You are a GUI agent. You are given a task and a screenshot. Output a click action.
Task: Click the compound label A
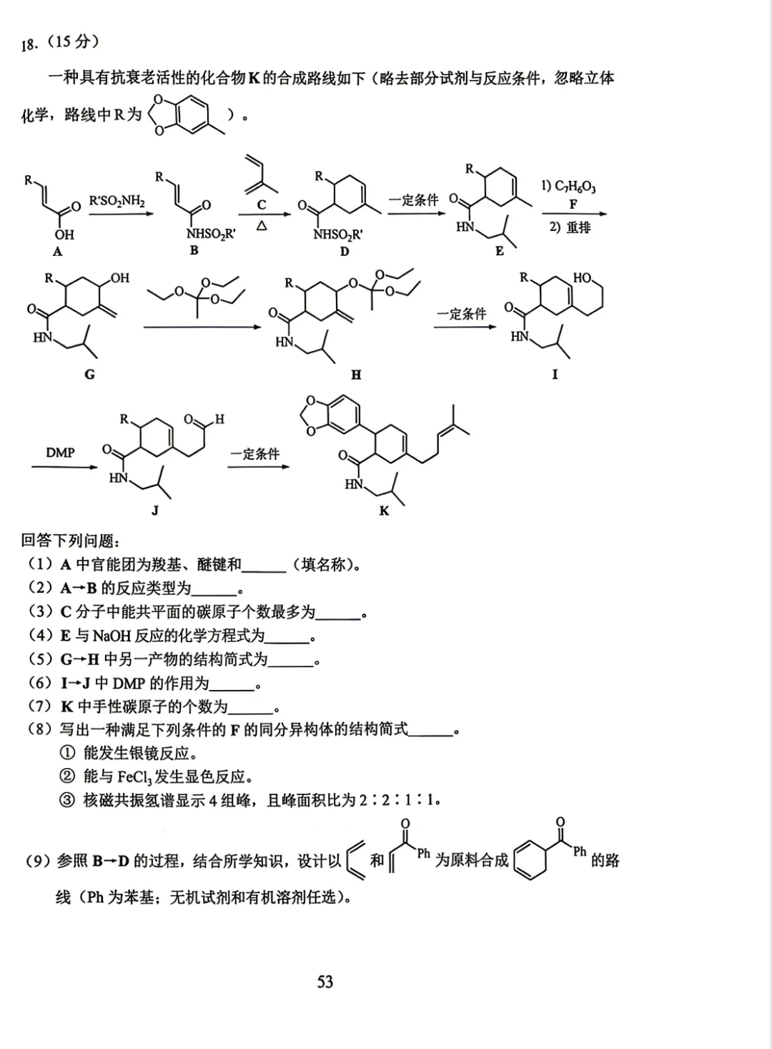[57, 252]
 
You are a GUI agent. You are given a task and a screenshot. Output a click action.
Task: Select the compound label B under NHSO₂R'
[194, 250]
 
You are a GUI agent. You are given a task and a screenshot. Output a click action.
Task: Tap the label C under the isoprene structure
[261, 205]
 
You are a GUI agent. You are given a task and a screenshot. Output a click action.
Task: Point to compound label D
[344, 252]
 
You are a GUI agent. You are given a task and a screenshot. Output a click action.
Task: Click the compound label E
[500, 251]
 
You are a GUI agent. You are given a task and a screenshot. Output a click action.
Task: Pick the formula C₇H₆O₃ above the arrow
[575, 187]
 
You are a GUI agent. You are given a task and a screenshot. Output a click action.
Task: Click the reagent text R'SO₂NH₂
[117, 202]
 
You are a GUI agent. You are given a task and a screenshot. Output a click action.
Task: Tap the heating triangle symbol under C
[262, 226]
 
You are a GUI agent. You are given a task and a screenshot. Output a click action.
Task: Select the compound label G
[89, 374]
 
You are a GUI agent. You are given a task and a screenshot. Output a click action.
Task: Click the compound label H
[356, 375]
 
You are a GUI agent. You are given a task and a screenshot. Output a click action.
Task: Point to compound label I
[555, 374]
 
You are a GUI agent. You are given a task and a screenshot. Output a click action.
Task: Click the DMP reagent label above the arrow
[60, 453]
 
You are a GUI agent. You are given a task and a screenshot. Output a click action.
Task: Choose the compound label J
[155, 510]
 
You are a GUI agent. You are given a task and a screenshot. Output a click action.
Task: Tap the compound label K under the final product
[384, 511]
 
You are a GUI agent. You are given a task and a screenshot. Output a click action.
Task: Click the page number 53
[325, 981]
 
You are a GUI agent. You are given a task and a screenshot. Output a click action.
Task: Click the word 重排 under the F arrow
[578, 227]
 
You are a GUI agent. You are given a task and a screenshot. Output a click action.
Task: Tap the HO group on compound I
[583, 277]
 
